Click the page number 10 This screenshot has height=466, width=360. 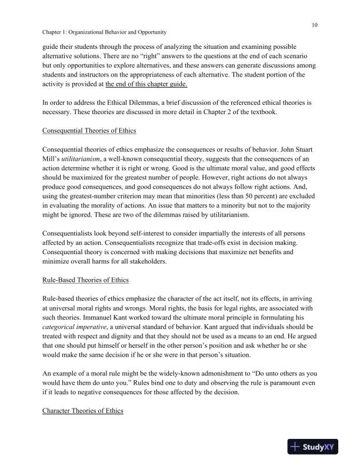click(315, 25)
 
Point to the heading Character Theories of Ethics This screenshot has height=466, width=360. click(82, 410)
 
